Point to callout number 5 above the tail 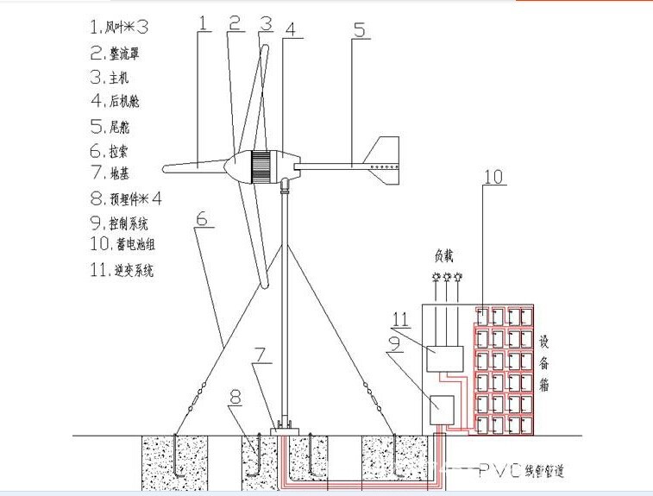coord(359,31)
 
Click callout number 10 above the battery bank coord(493,178)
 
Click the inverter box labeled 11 coord(446,358)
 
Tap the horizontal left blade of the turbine coord(195,163)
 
